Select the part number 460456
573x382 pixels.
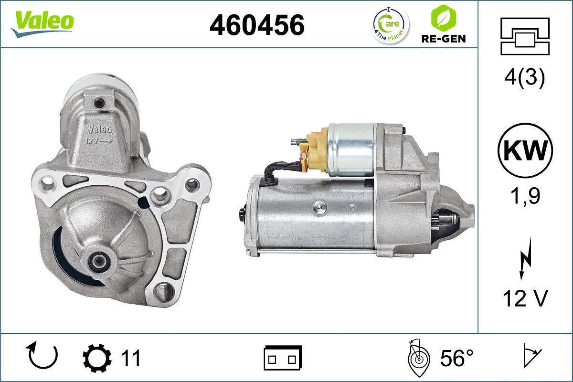point(257,25)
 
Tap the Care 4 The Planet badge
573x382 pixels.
point(391,25)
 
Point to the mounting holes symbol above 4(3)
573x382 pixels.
point(524,36)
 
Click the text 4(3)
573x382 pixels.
point(524,78)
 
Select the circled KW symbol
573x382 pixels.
point(525,151)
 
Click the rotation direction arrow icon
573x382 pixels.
point(43,356)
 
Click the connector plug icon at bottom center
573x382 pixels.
point(283,358)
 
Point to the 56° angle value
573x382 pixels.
point(456,358)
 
